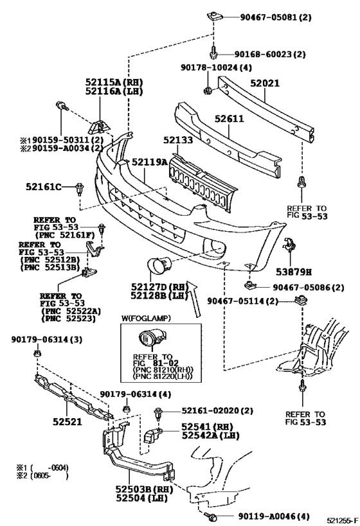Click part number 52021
(265, 83)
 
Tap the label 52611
(230, 118)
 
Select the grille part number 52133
(178, 140)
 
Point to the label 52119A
(149, 162)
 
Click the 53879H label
(294, 272)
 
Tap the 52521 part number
(67, 421)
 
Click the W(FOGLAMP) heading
(146, 318)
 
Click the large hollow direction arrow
(194, 299)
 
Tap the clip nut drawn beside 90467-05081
(213, 16)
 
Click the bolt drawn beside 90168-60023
(213, 53)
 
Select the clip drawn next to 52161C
(79, 189)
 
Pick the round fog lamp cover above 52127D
(159, 263)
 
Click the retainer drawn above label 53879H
(289, 245)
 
